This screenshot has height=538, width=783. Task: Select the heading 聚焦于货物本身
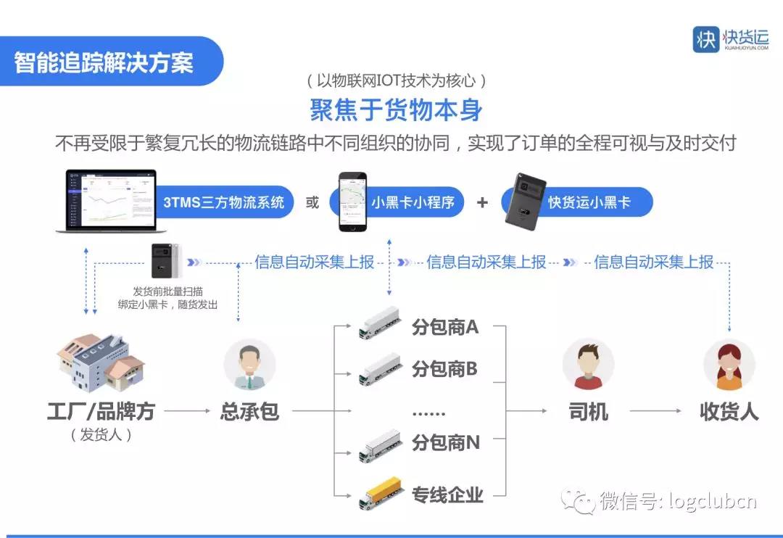pyautogui.click(x=396, y=110)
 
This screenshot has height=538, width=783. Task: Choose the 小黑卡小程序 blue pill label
pyautogui.click(x=413, y=202)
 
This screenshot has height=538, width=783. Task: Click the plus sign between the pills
pyautogui.click(x=482, y=202)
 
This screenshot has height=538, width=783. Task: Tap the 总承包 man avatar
pyautogui.click(x=249, y=364)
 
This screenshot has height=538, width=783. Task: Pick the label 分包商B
pyautogui.click(x=444, y=369)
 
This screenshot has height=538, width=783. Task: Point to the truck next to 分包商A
pyautogui.click(x=380, y=323)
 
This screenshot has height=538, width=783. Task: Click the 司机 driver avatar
pyautogui.click(x=588, y=364)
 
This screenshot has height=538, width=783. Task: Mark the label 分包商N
pyautogui.click(x=445, y=442)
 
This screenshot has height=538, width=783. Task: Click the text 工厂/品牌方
pyautogui.click(x=101, y=412)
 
